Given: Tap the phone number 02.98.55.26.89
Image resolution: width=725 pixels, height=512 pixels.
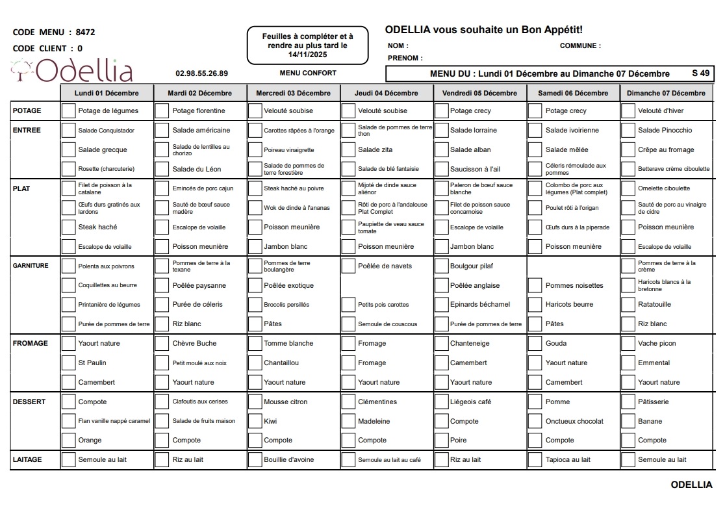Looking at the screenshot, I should pos(201,73).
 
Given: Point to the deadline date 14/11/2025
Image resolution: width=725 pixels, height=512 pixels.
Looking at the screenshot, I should pos(307,55).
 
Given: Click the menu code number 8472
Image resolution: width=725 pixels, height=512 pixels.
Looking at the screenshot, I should pos(86,32).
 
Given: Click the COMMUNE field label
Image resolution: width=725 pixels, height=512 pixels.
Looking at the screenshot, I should pos(580,46).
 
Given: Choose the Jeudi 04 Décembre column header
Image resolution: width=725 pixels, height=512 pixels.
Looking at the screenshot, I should pos(386,93).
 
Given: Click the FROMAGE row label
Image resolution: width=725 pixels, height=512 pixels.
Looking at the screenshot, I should pos(30,343).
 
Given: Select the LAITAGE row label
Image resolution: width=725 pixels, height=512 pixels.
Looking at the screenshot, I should pos(27,459).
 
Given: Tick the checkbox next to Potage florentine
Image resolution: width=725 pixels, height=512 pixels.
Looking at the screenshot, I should pos(162,111).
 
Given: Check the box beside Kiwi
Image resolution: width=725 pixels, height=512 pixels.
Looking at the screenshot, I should pos(254,421).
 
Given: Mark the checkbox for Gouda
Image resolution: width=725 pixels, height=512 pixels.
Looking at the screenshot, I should pos(535,344).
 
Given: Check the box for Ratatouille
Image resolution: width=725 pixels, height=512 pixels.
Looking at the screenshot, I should pos(628,305).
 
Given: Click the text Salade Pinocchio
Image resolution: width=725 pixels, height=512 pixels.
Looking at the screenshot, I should pos(665,130).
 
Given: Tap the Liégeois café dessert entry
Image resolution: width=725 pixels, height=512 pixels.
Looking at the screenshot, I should pos(470,402).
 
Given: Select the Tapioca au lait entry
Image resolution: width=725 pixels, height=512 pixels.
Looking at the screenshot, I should pos(568,459).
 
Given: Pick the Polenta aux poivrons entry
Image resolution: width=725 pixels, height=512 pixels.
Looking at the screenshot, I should pos(106,266).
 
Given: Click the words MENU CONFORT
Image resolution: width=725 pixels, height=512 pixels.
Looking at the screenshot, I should pos(308,73).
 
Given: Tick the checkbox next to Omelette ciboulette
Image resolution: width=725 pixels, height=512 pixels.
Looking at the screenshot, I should pos(628,189).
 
